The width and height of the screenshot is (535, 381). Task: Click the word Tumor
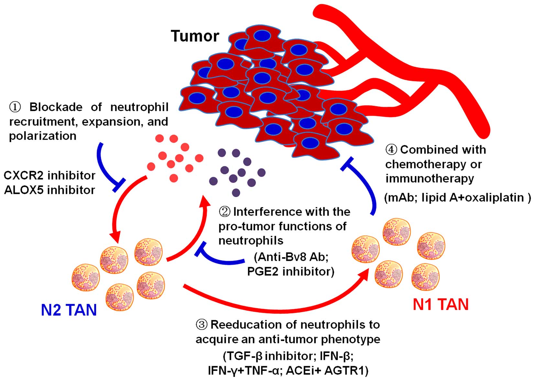click(x=195, y=36)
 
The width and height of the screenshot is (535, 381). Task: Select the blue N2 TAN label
click(x=69, y=310)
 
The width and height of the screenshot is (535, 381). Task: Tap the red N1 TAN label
click(x=441, y=304)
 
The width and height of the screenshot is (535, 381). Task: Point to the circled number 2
click(x=225, y=212)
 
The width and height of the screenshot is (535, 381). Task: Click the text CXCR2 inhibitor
click(x=49, y=175)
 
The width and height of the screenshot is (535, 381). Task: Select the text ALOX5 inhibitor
click(x=49, y=190)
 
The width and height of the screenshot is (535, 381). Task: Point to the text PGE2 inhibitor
click(x=290, y=271)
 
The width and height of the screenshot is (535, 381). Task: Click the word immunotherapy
click(x=430, y=178)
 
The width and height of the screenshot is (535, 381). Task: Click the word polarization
click(x=43, y=136)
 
